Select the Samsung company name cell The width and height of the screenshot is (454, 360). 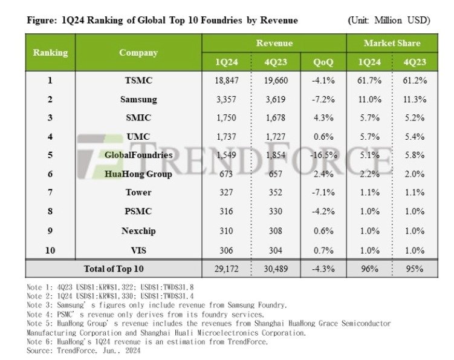pos(138,99)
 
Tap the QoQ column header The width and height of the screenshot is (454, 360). pos(323,62)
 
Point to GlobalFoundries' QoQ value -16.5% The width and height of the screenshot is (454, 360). pos(323,155)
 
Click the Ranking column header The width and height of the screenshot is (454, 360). pos(50,52)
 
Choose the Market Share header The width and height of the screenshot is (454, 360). pos(392,43)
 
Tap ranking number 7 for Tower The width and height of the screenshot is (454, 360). pos(50,192)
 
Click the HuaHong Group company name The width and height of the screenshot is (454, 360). pos(138,174)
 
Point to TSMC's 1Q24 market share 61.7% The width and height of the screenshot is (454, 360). pos(369,80)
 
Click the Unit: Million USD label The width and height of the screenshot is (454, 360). pos(389,21)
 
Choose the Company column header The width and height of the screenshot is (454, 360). pos(138,52)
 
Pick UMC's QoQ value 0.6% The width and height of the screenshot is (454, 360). pos(323,136)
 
